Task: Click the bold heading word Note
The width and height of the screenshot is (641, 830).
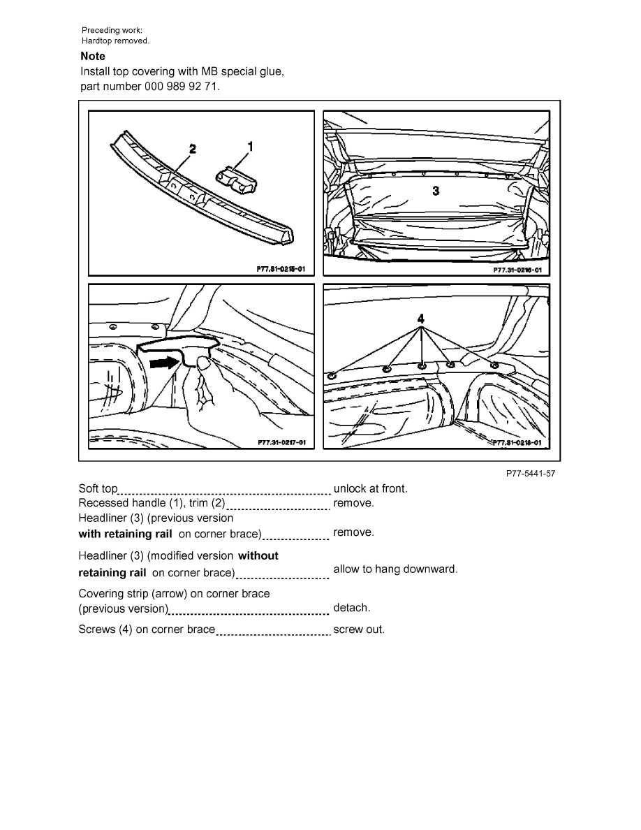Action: click(x=93, y=56)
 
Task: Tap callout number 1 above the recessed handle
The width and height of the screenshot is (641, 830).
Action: click(x=250, y=146)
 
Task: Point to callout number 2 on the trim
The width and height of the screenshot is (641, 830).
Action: click(x=192, y=148)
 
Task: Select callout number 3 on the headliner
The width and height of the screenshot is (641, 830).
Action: click(x=436, y=190)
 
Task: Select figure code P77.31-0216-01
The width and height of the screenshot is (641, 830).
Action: click(x=517, y=269)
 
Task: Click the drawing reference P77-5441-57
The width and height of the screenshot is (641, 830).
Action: click(x=531, y=474)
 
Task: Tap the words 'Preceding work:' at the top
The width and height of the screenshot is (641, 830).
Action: click(x=112, y=30)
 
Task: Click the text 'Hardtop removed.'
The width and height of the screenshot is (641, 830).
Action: click(x=115, y=41)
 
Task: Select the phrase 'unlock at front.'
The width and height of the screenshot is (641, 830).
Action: click(x=370, y=488)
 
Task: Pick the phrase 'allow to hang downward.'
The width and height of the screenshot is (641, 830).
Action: click(x=395, y=569)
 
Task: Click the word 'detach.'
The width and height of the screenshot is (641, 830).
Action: click(x=352, y=608)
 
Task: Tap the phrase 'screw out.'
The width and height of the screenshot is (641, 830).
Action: click(x=359, y=629)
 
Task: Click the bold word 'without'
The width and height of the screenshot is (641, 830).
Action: click(x=258, y=555)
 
